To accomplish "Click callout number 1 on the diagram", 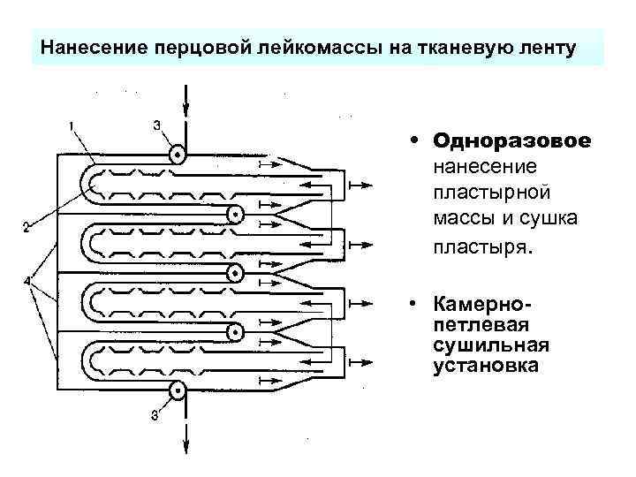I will coord(72,125).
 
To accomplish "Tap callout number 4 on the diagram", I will coord(27,282).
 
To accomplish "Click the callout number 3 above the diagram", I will coord(156,125).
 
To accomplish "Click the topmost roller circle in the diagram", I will coord(178,155).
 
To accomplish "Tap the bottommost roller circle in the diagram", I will coord(178,390).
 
